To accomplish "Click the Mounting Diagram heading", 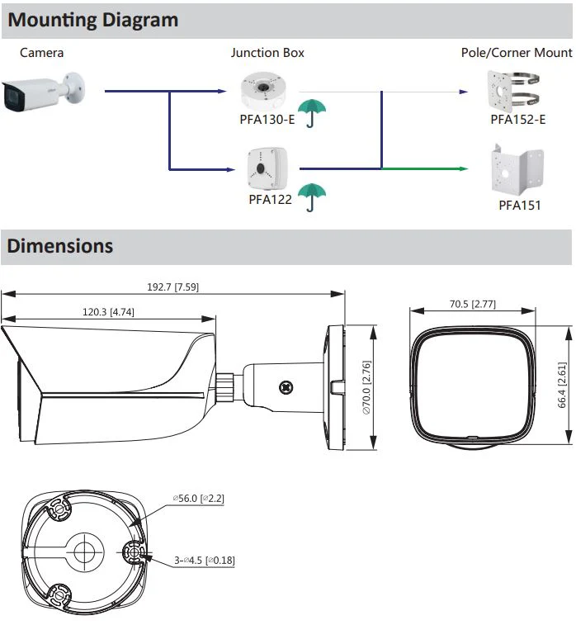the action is [92, 20].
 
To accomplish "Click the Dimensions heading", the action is [60, 246].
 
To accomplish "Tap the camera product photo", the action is [43, 92].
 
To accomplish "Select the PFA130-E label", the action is [267, 119].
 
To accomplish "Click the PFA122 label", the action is [270, 199].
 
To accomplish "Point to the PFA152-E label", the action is [518, 119].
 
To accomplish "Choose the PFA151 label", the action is [520, 206].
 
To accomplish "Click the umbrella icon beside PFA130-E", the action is [312, 113].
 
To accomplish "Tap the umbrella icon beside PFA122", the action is [312, 196].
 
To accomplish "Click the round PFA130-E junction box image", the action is [263, 91].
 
